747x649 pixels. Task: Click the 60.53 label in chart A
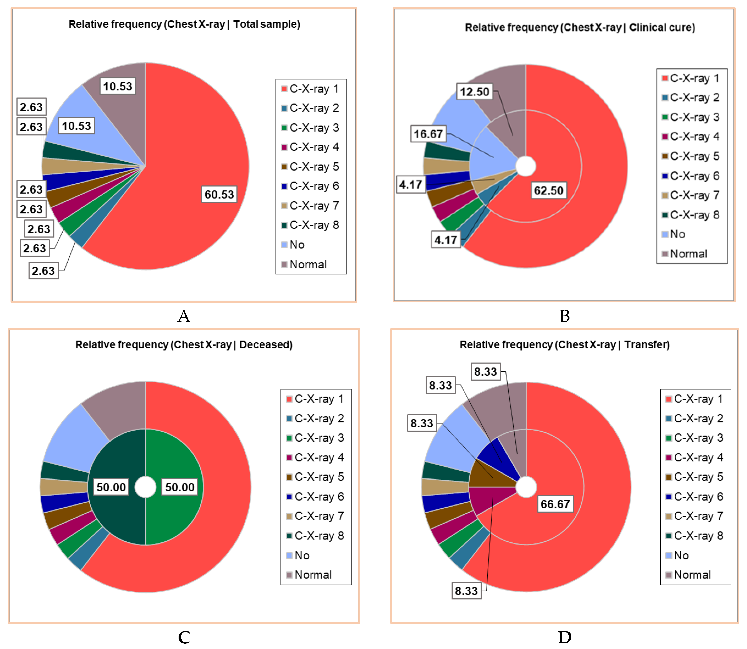point(219,195)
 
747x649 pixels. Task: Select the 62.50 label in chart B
point(548,190)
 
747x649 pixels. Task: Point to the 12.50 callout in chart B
point(474,92)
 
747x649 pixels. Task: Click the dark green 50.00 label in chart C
point(111,487)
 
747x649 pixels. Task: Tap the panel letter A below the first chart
point(184,316)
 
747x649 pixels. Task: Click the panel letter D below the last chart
point(564,637)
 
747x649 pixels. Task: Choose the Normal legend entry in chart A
point(308,264)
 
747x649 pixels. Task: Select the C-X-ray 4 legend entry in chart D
point(698,457)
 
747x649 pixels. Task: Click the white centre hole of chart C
point(145,487)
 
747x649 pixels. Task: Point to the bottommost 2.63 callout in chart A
point(43,271)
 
